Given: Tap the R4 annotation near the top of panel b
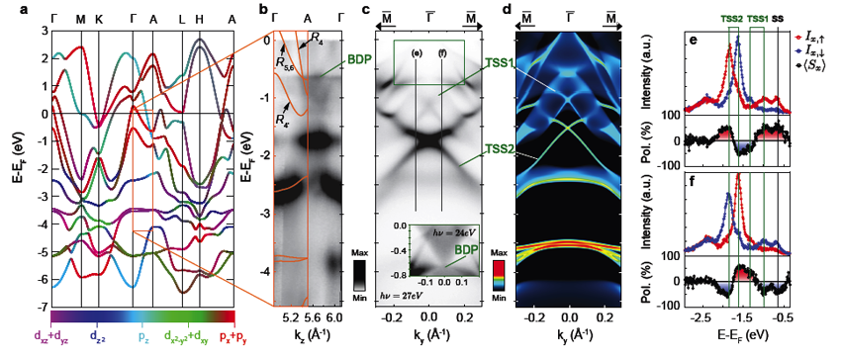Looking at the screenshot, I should [x=316, y=38].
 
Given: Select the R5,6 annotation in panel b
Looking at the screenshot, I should [x=287, y=65].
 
